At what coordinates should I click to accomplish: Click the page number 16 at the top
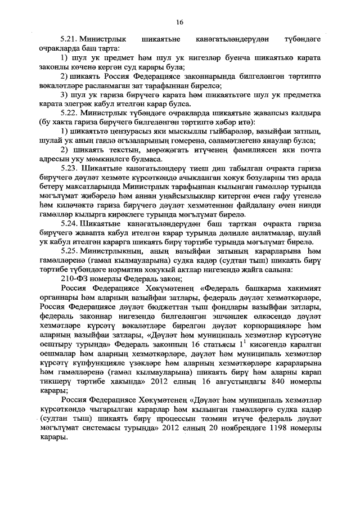click(179, 22)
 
